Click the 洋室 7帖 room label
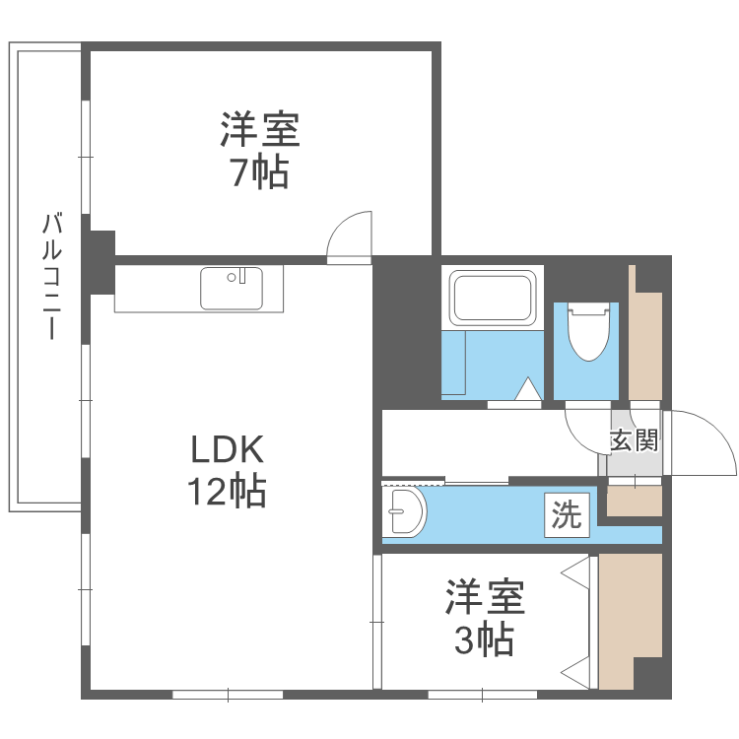click(260, 150)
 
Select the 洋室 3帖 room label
click(484, 618)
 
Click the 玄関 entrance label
click(634, 439)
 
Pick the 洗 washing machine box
click(567, 515)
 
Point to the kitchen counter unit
click(198, 289)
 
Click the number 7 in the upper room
click(238, 172)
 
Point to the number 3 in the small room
click(464, 640)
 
